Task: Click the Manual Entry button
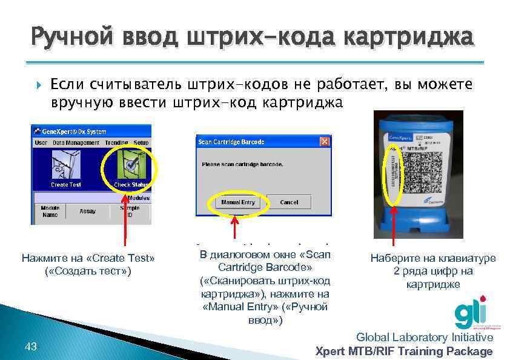pyautogui.click(x=238, y=202)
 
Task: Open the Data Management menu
pyautogui.click(x=75, y=142)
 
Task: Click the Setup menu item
pyautogui.click(x=141, y=142)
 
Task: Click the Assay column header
pyautogui.click(x=88, y=212)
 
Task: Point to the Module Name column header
pyautogui.click(x=50, y=211)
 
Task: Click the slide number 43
pyautogui.click(x=31, y=347)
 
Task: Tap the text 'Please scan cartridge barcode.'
pyautogui.click(x=242, y=164)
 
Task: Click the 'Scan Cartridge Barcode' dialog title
pyautogui.click(x=232, y=142)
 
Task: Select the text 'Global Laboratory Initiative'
pyautogui.click(x=425, y=337)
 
